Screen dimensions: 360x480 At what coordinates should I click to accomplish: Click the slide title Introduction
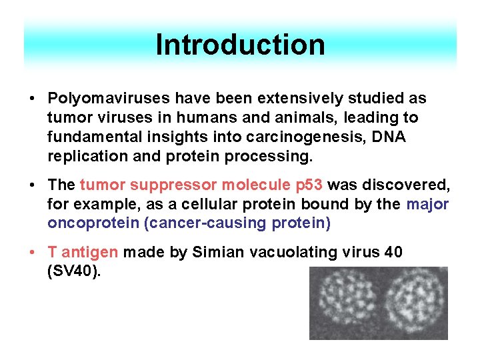tap(240, 45)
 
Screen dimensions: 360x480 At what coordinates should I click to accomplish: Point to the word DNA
tap(386, 137)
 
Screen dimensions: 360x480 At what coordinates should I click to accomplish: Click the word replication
tap(83, 157)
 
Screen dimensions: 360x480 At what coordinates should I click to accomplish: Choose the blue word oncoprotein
tap(93, 223)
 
